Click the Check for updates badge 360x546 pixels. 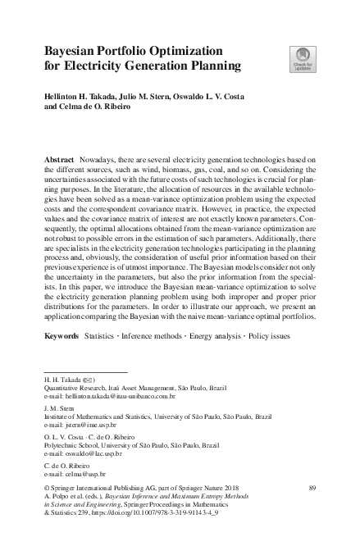(303, 58)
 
